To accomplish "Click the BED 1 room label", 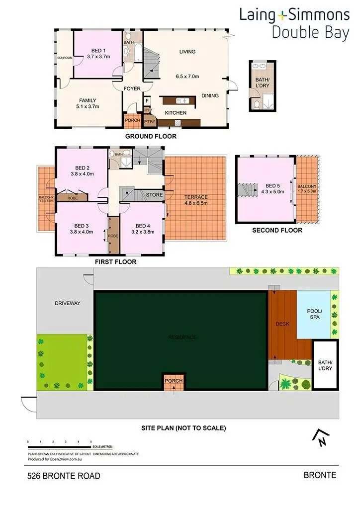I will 98,51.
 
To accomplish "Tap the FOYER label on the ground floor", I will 132,89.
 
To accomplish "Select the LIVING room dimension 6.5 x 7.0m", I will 187,77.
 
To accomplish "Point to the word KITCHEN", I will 176,113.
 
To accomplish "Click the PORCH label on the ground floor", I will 132,120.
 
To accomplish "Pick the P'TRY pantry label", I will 149,121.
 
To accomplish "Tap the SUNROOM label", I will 65,58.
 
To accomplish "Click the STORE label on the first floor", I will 154,195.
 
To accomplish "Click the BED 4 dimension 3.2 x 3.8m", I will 143,232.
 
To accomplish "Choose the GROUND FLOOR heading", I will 150,136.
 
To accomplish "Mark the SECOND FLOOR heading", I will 277,230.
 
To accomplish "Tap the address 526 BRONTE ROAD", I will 64,476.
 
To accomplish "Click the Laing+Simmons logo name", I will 294,14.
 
